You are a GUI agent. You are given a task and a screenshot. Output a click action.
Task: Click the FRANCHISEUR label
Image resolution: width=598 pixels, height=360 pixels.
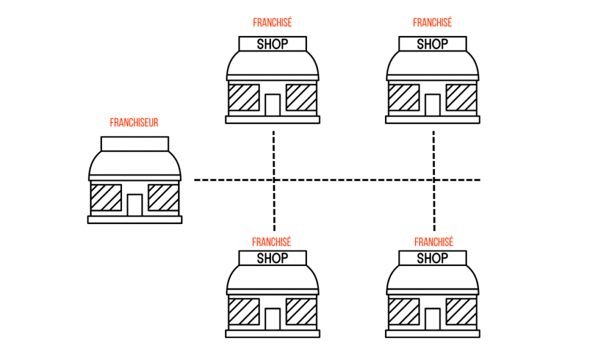coord(134,123)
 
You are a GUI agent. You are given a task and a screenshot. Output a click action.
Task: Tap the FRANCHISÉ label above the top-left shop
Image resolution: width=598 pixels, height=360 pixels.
coord(272,23)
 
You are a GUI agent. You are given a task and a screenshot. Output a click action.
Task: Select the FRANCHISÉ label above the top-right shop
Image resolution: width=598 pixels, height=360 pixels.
coord(432,23)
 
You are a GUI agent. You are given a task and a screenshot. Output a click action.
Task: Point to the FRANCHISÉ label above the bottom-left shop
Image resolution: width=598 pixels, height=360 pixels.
coord(272,242)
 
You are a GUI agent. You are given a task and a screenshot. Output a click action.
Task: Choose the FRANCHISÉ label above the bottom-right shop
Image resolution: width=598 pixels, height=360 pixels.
coord(433,242)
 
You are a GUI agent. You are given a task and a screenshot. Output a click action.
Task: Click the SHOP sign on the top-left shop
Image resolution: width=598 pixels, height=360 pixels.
coord(272,44)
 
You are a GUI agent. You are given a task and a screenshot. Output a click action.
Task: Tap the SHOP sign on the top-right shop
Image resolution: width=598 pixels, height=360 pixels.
coord(433,44)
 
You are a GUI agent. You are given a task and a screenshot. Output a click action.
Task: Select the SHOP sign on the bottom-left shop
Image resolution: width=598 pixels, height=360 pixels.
coord(272,258)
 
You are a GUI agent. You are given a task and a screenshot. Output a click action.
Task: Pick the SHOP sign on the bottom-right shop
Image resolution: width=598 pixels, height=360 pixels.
coord(433,258)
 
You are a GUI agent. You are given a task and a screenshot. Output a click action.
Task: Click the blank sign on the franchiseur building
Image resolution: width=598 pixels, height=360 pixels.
coord(134,144)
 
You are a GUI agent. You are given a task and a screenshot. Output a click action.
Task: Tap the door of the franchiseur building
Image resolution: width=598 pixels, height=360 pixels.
coord(135,205)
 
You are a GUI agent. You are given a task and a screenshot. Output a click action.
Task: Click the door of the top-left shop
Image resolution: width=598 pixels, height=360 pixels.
coord(272,105)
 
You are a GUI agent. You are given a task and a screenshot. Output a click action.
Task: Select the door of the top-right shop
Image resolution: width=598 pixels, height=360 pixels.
coord(433,105)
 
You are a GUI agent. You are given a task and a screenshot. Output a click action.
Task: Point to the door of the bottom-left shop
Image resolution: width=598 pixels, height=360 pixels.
coord(272,319)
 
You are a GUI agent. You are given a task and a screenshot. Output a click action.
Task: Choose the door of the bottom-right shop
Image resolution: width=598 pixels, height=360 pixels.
coord(433,319)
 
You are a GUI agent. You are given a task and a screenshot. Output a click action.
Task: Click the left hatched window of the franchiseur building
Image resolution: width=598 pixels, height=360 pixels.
coord(106,198)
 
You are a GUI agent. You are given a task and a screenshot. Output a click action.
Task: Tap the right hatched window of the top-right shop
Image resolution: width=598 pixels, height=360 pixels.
coord(461,98)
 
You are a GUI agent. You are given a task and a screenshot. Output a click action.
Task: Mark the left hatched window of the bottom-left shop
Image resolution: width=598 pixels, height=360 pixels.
coord(243,312)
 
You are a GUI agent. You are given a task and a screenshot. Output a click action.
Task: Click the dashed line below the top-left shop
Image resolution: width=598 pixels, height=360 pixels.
coord(273,146)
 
